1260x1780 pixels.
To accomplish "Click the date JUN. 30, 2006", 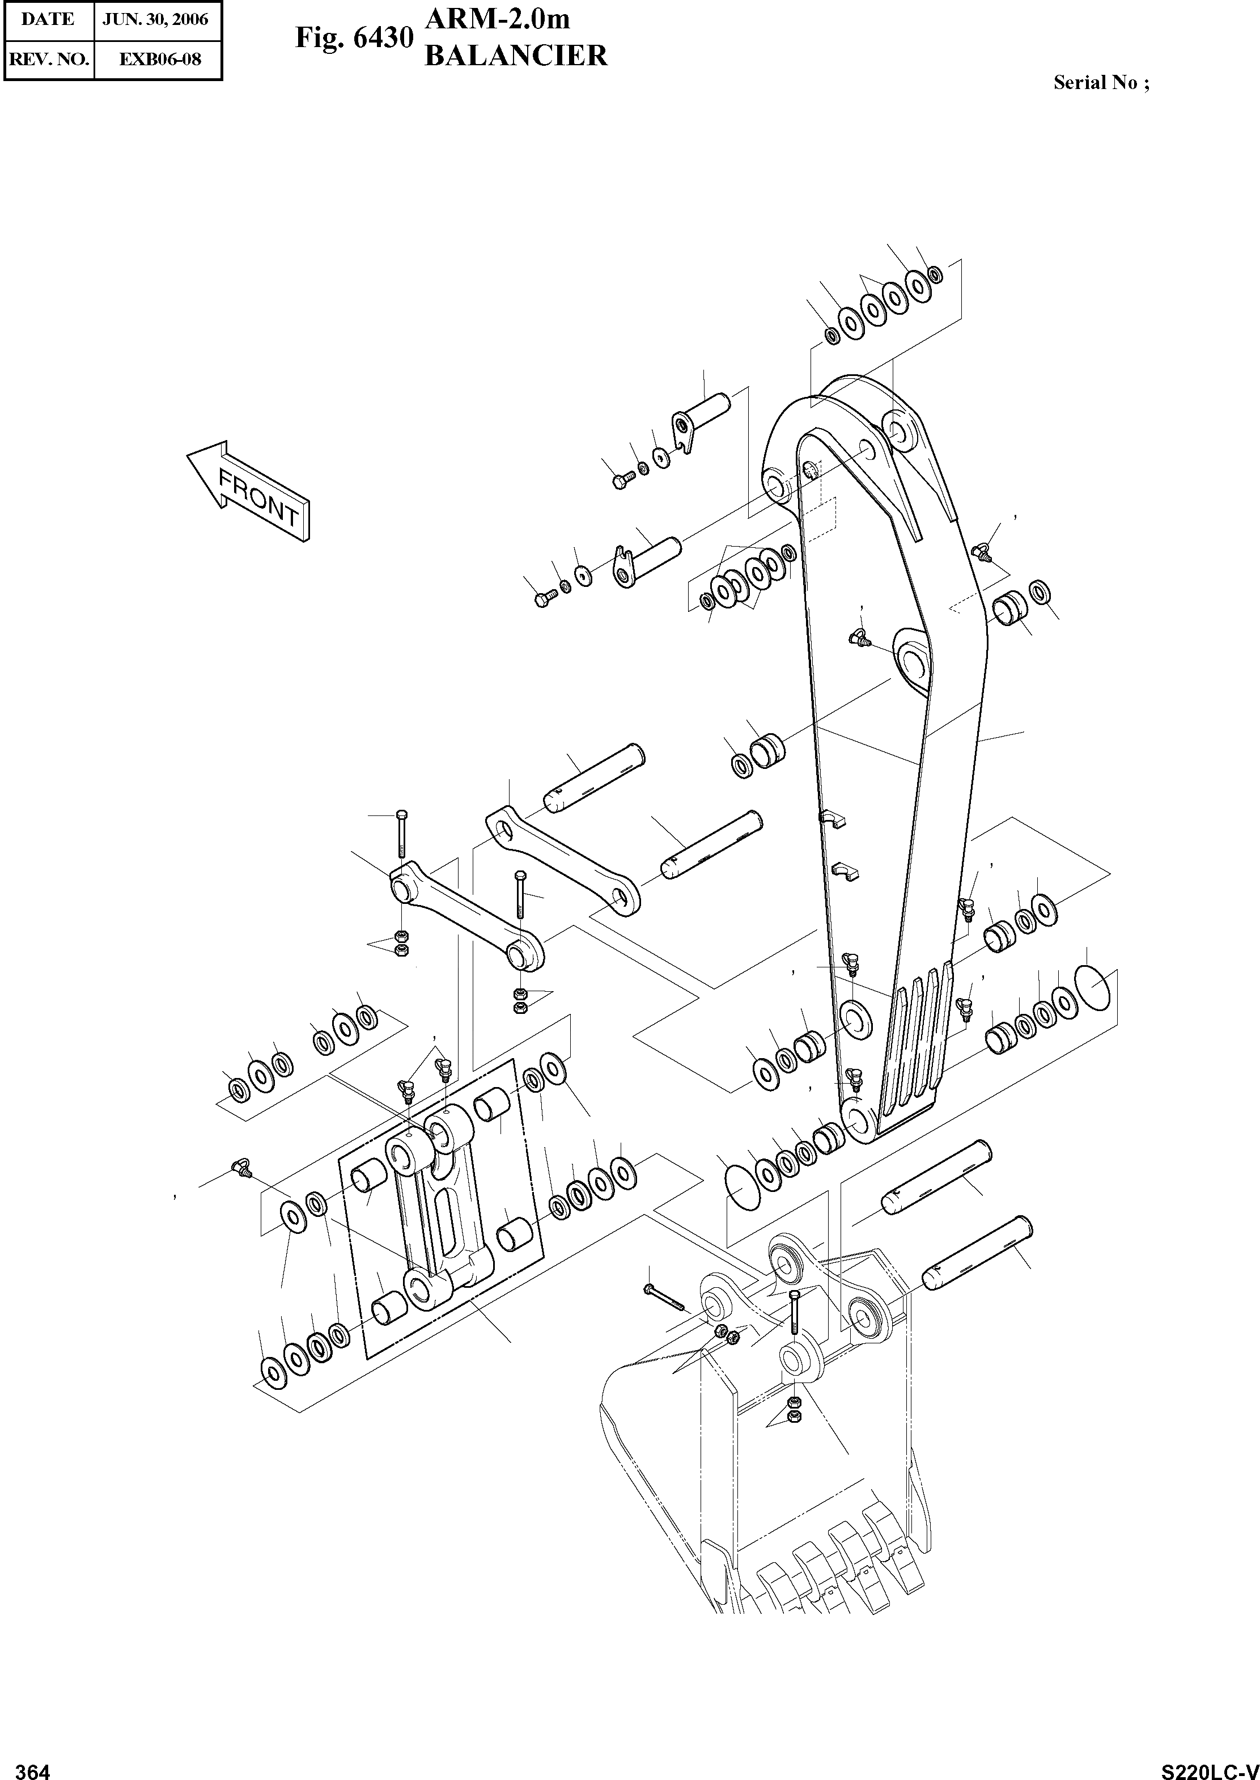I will click(156, 19).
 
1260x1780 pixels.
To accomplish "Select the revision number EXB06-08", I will click(160, 59).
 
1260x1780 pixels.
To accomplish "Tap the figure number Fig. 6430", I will click(353, 38).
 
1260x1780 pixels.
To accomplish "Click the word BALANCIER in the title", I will click(516, 56).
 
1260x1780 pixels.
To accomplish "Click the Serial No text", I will click(1101, 83).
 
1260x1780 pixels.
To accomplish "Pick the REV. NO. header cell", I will click(48, 59).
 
